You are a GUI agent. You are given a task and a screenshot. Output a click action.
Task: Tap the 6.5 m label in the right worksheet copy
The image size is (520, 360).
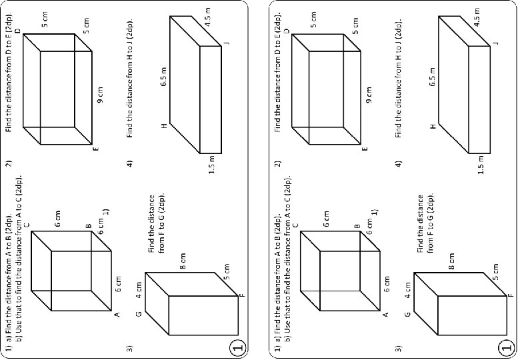click(433, 77)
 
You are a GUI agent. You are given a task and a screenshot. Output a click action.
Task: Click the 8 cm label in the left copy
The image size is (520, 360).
click(184, 261)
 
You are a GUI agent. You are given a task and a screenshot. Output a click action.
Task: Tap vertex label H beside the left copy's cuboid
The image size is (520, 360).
click(164, 125)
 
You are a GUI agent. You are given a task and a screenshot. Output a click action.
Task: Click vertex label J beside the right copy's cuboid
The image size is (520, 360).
click(495, 43)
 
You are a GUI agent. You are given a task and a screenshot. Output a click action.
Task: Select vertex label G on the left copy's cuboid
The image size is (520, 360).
click(139, 314)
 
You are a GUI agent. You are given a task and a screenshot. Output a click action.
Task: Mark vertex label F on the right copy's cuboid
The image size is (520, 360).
click(511, 294)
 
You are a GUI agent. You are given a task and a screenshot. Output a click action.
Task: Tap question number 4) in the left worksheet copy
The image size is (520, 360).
click(130, 163)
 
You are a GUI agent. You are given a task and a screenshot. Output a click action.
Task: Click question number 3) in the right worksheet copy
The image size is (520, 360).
click(399, 347)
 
